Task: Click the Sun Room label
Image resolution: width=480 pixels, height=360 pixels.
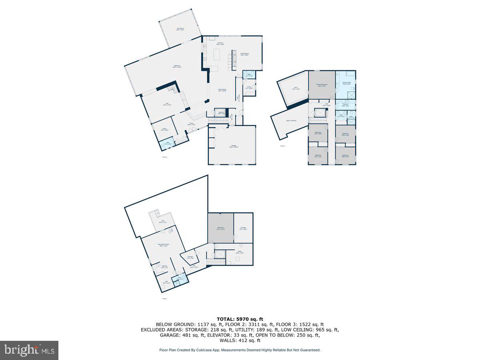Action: pos(180,29)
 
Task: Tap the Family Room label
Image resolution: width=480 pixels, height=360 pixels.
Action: pos(244,54)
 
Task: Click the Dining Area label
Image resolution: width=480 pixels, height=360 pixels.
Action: pos(222,90)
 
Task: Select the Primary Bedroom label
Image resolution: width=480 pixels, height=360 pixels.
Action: pos(322,85)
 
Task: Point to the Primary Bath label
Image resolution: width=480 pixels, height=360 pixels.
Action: pos(346,83)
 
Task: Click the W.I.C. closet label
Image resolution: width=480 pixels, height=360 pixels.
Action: pos(296,88)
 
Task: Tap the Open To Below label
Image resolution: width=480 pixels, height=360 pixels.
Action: pos(291,120)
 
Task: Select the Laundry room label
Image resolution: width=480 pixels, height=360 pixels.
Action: pos(345,105)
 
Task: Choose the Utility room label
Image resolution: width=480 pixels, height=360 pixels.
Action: pos(240,252)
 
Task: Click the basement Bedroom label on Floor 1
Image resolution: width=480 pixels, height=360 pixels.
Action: pos(220,229)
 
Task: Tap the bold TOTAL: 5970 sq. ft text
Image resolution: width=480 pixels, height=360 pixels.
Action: pos(240,319)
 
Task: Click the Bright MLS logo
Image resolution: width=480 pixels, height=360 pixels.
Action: pos(29,350)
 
